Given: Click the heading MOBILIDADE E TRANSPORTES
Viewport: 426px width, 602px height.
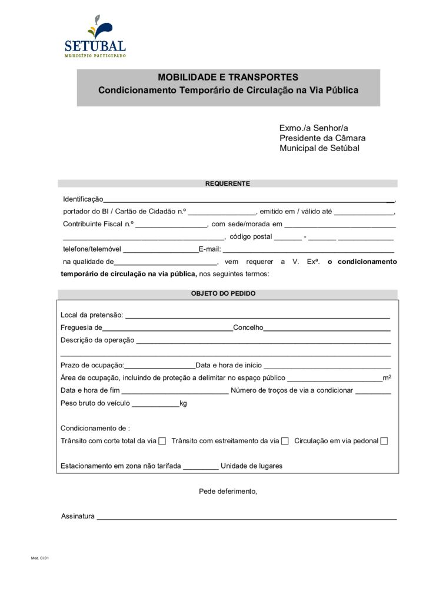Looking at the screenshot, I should [x=228, y=77].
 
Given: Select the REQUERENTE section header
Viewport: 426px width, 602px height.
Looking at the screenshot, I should [x=227, y=183].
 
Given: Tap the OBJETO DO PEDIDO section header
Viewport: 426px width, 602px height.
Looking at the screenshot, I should [x=227, y=293].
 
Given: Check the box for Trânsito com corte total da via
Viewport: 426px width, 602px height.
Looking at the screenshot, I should [x=162, y=441].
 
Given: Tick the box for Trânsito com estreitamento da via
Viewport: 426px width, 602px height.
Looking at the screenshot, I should [x=285, y=441].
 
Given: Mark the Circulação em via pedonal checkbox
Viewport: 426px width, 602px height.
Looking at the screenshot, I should [x=384, y=441].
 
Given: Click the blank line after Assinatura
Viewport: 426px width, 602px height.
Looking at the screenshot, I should [x=246, y=517].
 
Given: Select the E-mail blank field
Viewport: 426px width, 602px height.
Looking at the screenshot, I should [x=307, y=250].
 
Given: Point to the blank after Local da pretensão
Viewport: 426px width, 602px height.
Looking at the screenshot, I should [x=258, y=316].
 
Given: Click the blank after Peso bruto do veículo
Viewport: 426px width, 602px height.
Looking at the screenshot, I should [x=155, y=404].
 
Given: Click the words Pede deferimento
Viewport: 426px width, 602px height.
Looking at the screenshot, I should [x=228, y=491].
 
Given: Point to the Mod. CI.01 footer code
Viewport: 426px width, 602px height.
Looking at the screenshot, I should [x=40, y=558].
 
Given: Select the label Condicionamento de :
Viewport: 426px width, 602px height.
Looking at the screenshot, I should [x=95, y=428].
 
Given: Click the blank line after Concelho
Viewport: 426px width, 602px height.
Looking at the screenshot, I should [x=327, y=329].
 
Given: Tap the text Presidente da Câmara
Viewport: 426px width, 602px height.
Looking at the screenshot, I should [x=322, y=138].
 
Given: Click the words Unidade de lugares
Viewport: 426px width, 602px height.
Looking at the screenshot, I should [x=251, y=466].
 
